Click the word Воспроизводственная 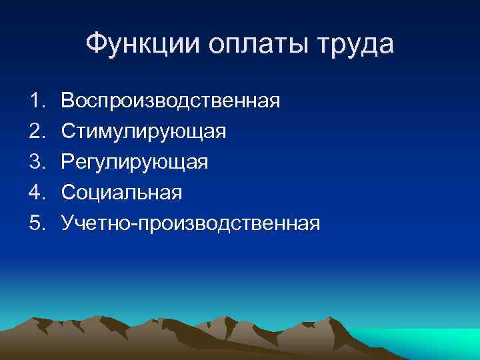(x=171, y=101)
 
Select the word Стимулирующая (x=144, y=132)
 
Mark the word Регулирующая (x=135, y=163)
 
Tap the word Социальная (x=121, y=193)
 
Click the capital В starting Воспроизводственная (x=68, y=101)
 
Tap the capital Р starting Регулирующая (x=68, y=163)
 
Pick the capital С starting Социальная (x=69, y=193)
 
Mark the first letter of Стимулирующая (x=69, y=132)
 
